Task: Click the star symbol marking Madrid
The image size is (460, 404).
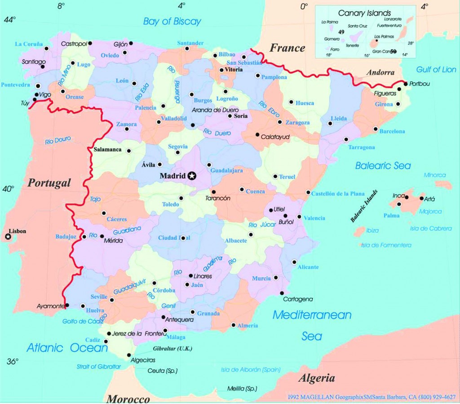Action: [192, 176]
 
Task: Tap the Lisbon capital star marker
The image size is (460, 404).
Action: [8, 237]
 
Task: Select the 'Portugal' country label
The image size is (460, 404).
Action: [49, 183]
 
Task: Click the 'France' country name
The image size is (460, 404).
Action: [287, 48]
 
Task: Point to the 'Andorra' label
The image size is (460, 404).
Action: [380, 72]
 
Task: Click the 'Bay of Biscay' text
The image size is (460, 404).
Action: [172, 21]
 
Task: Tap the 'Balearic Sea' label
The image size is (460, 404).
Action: [383, 166]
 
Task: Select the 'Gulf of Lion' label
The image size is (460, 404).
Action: [436, 70]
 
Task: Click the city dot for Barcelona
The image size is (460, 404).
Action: [376, 129]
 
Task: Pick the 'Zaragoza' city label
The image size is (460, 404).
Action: [297, 122]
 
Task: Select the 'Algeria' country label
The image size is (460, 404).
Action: [317, 378]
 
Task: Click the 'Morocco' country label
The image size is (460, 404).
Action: [128, 399]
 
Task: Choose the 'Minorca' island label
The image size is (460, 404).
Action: [434, 175]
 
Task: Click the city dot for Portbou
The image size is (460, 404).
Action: [406, 84]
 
